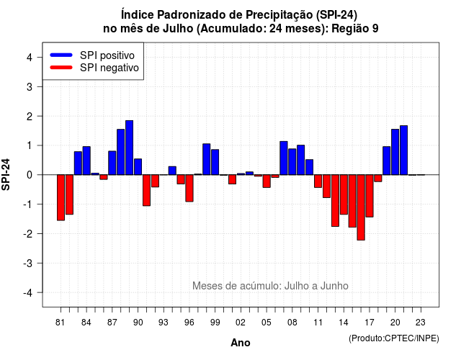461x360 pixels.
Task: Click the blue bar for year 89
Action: pyautogui.click(x=130, y=148)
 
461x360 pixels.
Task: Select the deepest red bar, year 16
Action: pyautogui.click(x=361, y=207)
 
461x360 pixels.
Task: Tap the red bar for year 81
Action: pyautogui.click(x=61, y=197)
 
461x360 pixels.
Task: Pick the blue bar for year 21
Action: pyautogui.click(x=403, y=150)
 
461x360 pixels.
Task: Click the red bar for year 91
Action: pyautogui.click(x=146, y=190)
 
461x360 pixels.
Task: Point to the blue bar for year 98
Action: pyautogui.click(x=207, y=159)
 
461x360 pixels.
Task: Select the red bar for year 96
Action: pyautogui.click(x=189, y=188)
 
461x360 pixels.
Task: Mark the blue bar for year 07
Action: pyautogui.click(x=284, y=158)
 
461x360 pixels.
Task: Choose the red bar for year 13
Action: pyautogui.click(x=335, y=200)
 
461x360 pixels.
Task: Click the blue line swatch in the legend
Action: pyautogui.click(x=61, y=55)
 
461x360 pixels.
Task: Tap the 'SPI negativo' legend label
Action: pyautogui.click(x=109, y=68)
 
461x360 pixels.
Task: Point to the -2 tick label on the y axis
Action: pyautogui.click(x=28, y=233)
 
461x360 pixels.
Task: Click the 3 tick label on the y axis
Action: pyautogui.click(x=30, y=86)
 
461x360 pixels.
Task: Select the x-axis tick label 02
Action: pyautogui.click(x=241, y=323)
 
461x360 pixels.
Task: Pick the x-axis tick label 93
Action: pyautogui.click(x=164, y=323)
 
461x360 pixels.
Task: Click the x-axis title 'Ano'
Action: pyautogui.click(x=241, y=343)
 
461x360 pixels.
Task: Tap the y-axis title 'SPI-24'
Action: pyautogui.click(x=6, y=174)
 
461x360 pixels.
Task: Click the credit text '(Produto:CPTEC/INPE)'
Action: pyautogui.click(x=394, y=338)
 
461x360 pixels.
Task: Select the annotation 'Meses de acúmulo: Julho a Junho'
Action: pyautogui.click(x=271, y=286)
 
